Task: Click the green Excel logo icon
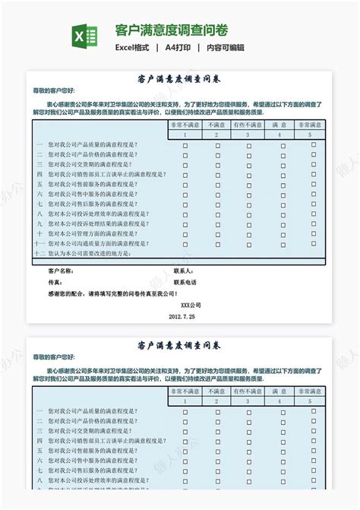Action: coord(85,36)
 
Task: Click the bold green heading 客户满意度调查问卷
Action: coord(171,30)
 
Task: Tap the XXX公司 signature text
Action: coord(181,305)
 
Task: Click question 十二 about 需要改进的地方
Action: coord(84,254)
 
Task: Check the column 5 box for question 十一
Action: coord(312,244)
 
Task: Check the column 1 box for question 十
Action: coord(185,234)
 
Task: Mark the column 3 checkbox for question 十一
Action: coord(248,244)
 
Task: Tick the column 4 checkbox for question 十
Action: coord(280,234)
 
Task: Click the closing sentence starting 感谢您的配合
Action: coord(112,293)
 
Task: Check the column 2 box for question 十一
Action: coord(216,244)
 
